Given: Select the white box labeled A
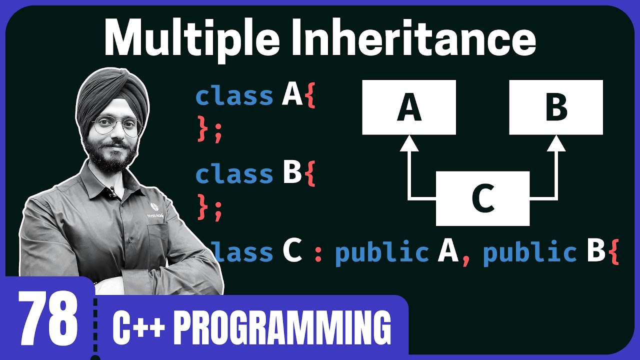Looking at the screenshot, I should (x=409, y=107).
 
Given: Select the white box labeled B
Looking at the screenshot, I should (x=556, y=107).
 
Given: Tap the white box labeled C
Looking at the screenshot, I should (x=482, y=198).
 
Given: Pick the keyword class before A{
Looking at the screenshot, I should (x=234, y=96).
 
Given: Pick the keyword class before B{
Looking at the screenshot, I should (x=234, y=174).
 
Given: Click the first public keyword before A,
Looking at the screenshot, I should (x=381, y=252).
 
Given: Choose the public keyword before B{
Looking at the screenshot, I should (x=529, y=252).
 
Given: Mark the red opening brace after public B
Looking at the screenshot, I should (x=614, y=253).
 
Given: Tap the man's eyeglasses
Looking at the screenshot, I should (x=116, y=125).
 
